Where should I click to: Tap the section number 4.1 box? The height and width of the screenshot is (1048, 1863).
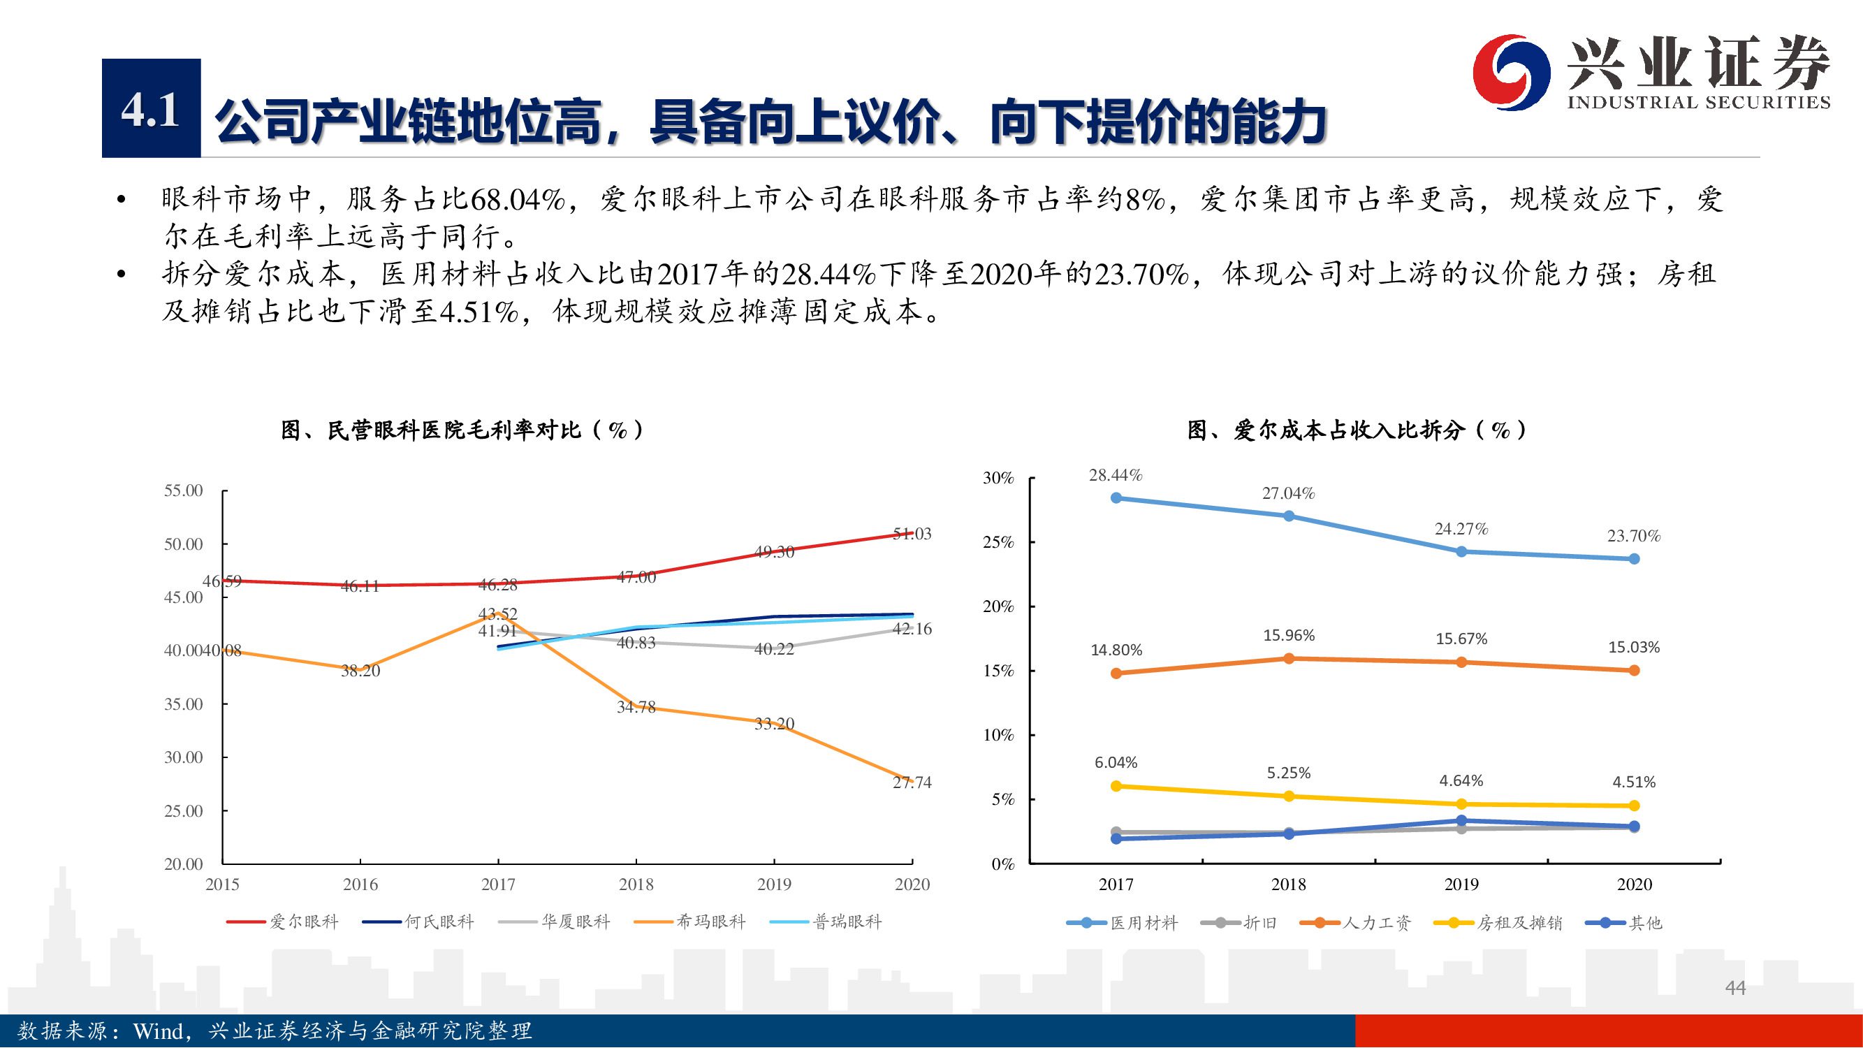[x=150, y=108]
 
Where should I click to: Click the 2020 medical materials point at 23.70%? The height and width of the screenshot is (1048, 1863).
[x=1634, y=559]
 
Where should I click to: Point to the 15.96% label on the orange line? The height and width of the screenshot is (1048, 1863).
[x=1288, y=636]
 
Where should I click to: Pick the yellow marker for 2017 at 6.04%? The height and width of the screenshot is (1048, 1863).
[x=1116, y=786]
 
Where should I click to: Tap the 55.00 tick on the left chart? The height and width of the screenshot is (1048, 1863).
[x=183, y=491]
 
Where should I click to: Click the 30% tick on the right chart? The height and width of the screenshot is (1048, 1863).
[x=998, y=478]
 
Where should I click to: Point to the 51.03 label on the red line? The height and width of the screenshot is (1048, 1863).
[x=912, y=534]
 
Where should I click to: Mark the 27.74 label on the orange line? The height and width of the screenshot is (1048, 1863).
[x=912, y=783]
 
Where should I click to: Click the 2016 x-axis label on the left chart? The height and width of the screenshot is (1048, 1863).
[x=360, y=885]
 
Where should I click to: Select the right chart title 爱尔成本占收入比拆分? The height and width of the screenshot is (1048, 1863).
[x=1356, y=431]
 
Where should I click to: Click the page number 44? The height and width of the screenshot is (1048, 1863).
[x=1735, y=988]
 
